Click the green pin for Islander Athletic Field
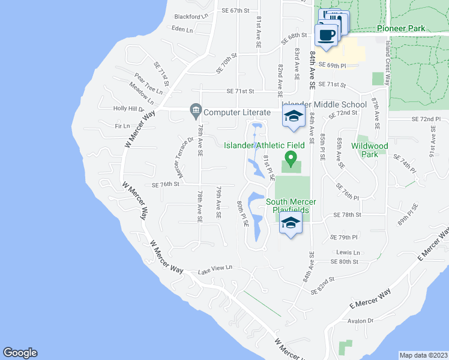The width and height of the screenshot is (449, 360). point(291,159)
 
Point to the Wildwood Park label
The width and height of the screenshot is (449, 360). point(369,150)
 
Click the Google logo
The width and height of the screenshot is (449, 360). point(20,353)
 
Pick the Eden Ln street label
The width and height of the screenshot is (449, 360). point(182,29)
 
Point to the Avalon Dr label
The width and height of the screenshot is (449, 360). point(361,320)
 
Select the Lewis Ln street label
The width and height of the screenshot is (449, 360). point(348,253)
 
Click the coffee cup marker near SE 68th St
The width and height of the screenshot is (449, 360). point(327,35)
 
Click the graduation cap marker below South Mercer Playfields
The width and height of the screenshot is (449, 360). point(291,223)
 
